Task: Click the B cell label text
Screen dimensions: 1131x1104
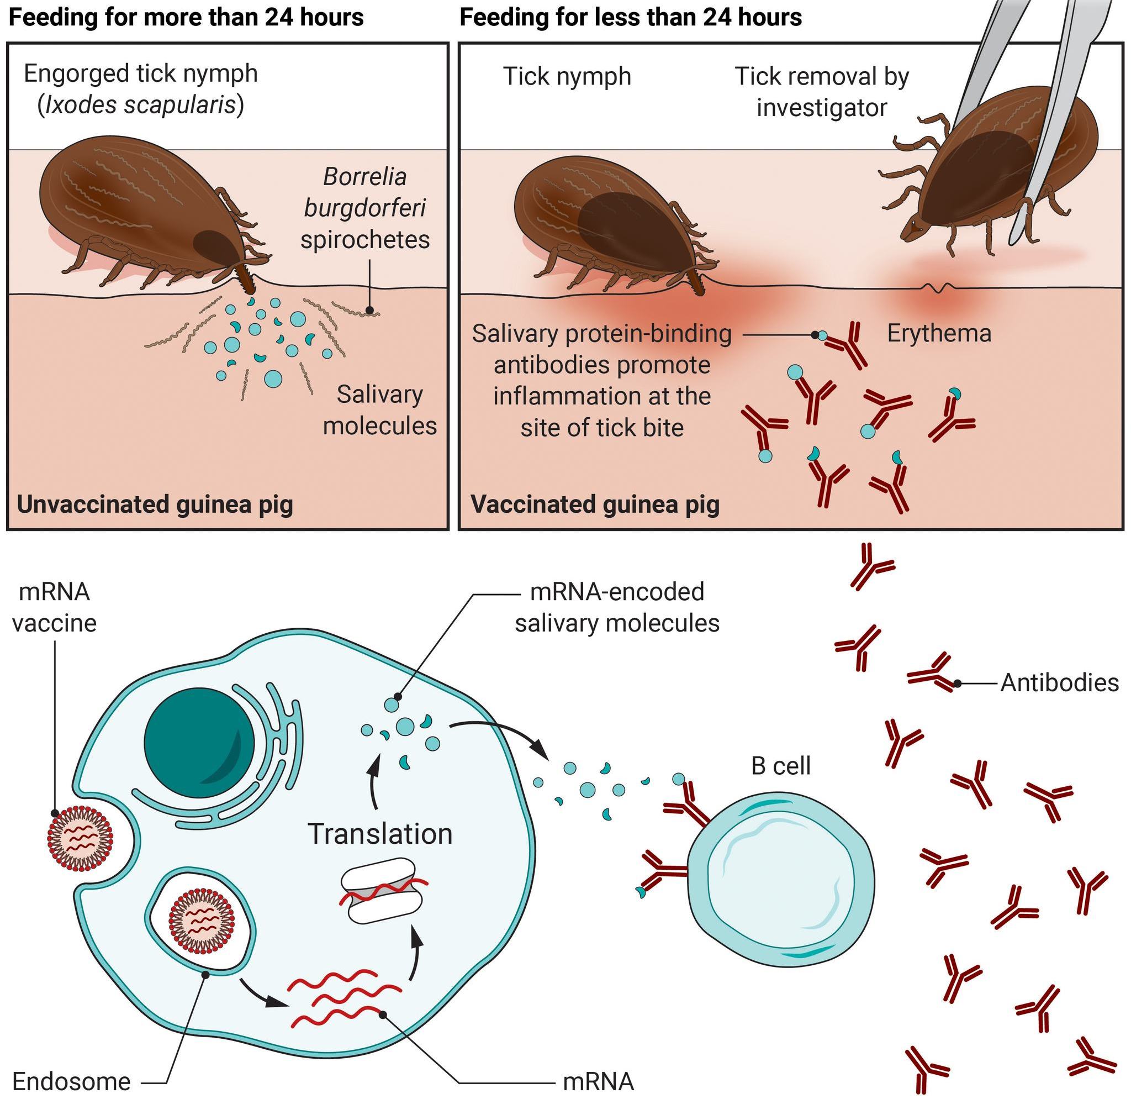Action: [780, 766]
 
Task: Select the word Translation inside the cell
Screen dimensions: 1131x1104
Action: [380, 834]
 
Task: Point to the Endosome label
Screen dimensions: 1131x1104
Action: [71, 1081]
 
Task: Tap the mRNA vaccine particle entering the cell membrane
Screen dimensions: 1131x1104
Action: [80, 839]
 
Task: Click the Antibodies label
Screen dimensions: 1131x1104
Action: [1060, 683]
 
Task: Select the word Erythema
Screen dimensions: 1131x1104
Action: [939, 333]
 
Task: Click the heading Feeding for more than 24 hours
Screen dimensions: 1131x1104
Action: [186, 17]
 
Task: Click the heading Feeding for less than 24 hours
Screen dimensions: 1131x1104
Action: [631, 17]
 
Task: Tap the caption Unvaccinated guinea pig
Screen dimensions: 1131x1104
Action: [155, 504]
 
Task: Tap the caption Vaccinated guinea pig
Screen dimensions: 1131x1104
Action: [595, 504]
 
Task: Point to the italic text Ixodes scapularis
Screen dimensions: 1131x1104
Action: [141, 105]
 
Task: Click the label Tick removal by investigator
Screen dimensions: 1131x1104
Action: [822, 92]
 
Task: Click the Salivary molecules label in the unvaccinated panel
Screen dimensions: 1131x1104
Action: [379, 410]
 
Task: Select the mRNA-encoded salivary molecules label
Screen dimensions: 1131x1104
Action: [617, 608]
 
